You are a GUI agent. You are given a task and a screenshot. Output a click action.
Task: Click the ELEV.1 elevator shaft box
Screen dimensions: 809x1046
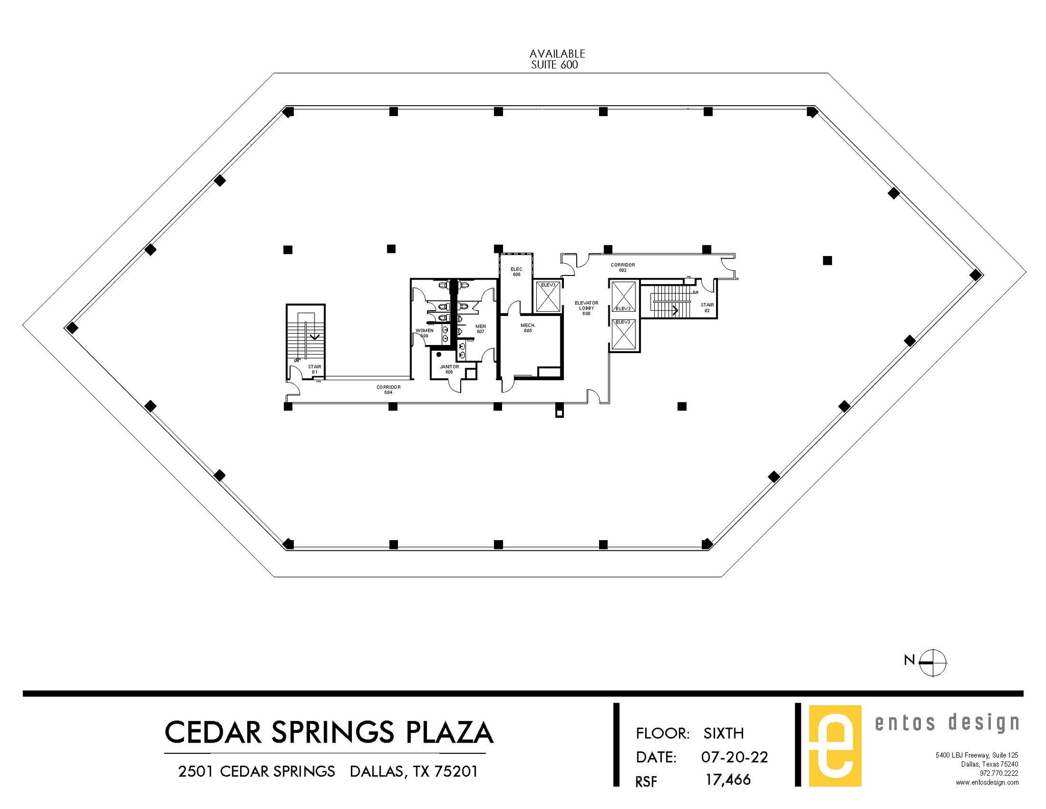[x=548, y=296]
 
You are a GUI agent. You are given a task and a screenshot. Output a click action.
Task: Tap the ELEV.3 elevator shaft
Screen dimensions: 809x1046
[x=624, y=335]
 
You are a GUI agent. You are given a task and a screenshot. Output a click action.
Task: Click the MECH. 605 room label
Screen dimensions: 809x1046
[x=528, y=328]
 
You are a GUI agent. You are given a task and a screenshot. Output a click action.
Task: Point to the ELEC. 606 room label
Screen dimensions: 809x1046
[x=516, y=272]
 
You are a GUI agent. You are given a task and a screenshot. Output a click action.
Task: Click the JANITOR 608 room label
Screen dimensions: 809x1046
[x=449, y=369]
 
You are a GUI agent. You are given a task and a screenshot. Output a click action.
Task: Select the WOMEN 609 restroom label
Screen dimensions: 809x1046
[x=424, y=333]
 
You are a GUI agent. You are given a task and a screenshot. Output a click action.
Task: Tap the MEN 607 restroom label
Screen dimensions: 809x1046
[x=480, y=329]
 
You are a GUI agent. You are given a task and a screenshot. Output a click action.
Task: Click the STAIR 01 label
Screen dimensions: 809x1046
[x=315, y=369]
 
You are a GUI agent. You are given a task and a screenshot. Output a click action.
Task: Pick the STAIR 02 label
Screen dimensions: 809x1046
[x=707, y=308]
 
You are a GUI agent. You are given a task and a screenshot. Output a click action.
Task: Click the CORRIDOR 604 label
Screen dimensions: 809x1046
[x=388, y=389]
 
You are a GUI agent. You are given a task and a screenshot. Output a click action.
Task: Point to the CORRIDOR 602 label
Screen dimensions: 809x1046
[x=623, y=267]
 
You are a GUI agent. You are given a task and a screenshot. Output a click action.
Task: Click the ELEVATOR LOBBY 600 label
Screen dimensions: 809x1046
[x=586, y=308]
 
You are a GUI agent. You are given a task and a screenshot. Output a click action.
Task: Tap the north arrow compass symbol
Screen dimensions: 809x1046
[x=932, y=662]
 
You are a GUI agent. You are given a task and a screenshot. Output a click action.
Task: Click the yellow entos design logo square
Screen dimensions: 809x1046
[x=835, y=745]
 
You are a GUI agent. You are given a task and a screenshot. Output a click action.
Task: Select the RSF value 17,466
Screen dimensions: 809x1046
[x=728, y=780]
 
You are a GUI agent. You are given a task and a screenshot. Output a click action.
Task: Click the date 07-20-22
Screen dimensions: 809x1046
[x=734, y=757]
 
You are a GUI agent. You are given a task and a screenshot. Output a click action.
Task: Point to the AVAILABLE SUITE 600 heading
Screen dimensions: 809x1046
[x=556, y=59]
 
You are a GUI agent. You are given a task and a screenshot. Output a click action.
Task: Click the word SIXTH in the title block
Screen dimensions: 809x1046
[x=723, y=733]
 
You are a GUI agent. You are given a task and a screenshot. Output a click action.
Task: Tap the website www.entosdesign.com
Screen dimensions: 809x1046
[x=987, y=782]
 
